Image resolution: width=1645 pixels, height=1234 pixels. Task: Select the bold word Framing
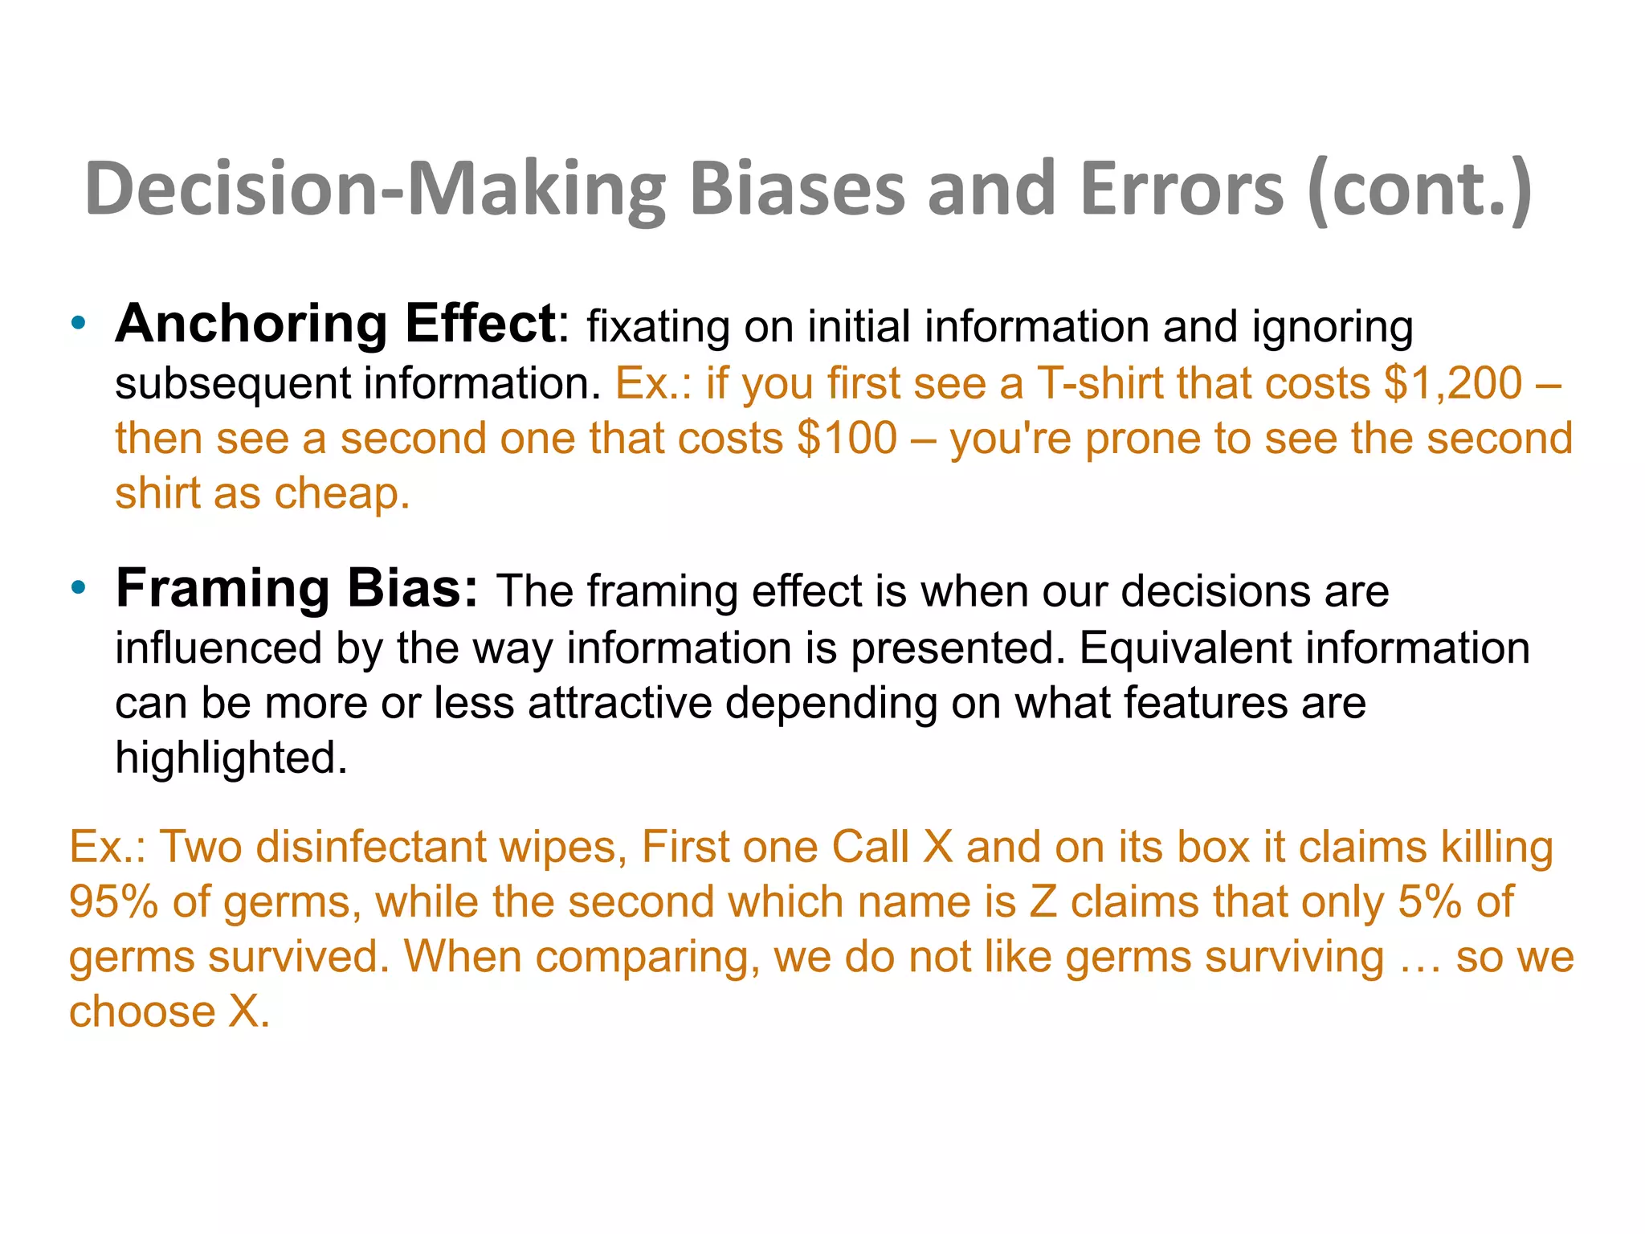click(x=222, y=588)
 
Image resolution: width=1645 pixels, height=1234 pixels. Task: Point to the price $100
click(x=847, y=439)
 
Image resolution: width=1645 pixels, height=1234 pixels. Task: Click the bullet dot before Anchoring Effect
click(x=78, y=325)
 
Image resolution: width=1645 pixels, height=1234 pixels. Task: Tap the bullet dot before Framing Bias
click(x=78, y=589)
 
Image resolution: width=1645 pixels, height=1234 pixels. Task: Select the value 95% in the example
click(x=113, y=901)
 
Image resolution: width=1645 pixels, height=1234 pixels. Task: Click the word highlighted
click(x=231, y=758)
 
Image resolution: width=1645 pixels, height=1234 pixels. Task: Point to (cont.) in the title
click(x=1418, y=190)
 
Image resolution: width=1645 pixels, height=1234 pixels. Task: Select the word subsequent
click(x=233, y=384)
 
